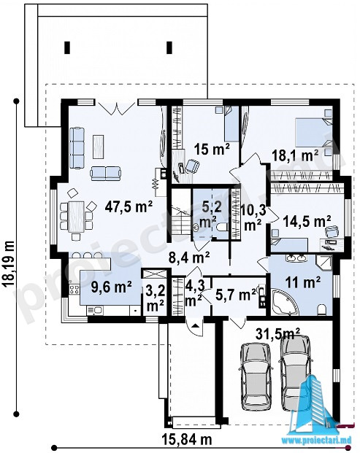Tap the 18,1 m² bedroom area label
tap(295, 155)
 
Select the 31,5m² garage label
tap(278, 334)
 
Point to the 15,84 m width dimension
tap(187, 440)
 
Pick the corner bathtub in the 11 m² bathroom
tap(284, 302)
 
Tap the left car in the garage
tap(257, 377)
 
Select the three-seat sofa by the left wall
tap(77, 147)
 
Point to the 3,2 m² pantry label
tap(156, 298)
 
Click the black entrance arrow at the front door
tap(196, 325)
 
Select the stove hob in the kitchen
tap(74, 289)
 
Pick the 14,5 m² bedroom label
tap(307, 221)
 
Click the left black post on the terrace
tap(67, 47)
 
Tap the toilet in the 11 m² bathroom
tap(321, 309)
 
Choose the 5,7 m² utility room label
tap(236, 295)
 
